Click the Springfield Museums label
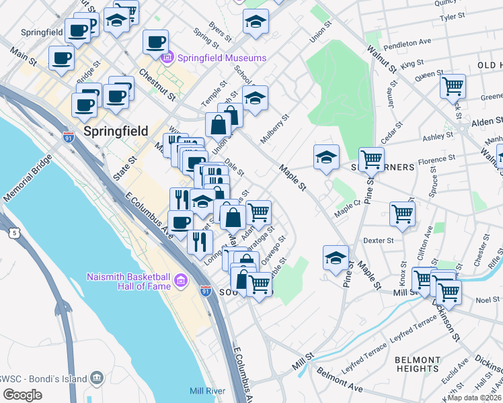tap(222, 58)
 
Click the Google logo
tap(22, 394)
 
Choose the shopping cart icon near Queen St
tap(453, 86)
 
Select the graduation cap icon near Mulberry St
tap(255, 99)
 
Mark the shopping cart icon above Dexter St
tap(402, 214)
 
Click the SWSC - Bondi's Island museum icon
tap(96, 378)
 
